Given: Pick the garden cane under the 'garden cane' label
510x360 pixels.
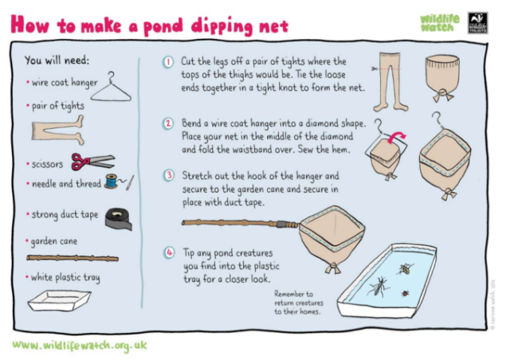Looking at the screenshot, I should click(x=72, y=258).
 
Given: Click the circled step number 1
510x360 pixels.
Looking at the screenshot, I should click(x=168, y=62).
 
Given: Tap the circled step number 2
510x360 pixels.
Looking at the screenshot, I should click(x=168, y=124).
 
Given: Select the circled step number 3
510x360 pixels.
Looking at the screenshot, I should click(x=168, y=174).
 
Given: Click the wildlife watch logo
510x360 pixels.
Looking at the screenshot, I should click(x=440, y=22).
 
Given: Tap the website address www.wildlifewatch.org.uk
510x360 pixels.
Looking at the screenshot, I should click(x=80, y=346).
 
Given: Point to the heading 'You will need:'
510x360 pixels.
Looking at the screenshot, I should click(x=57, y=60).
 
